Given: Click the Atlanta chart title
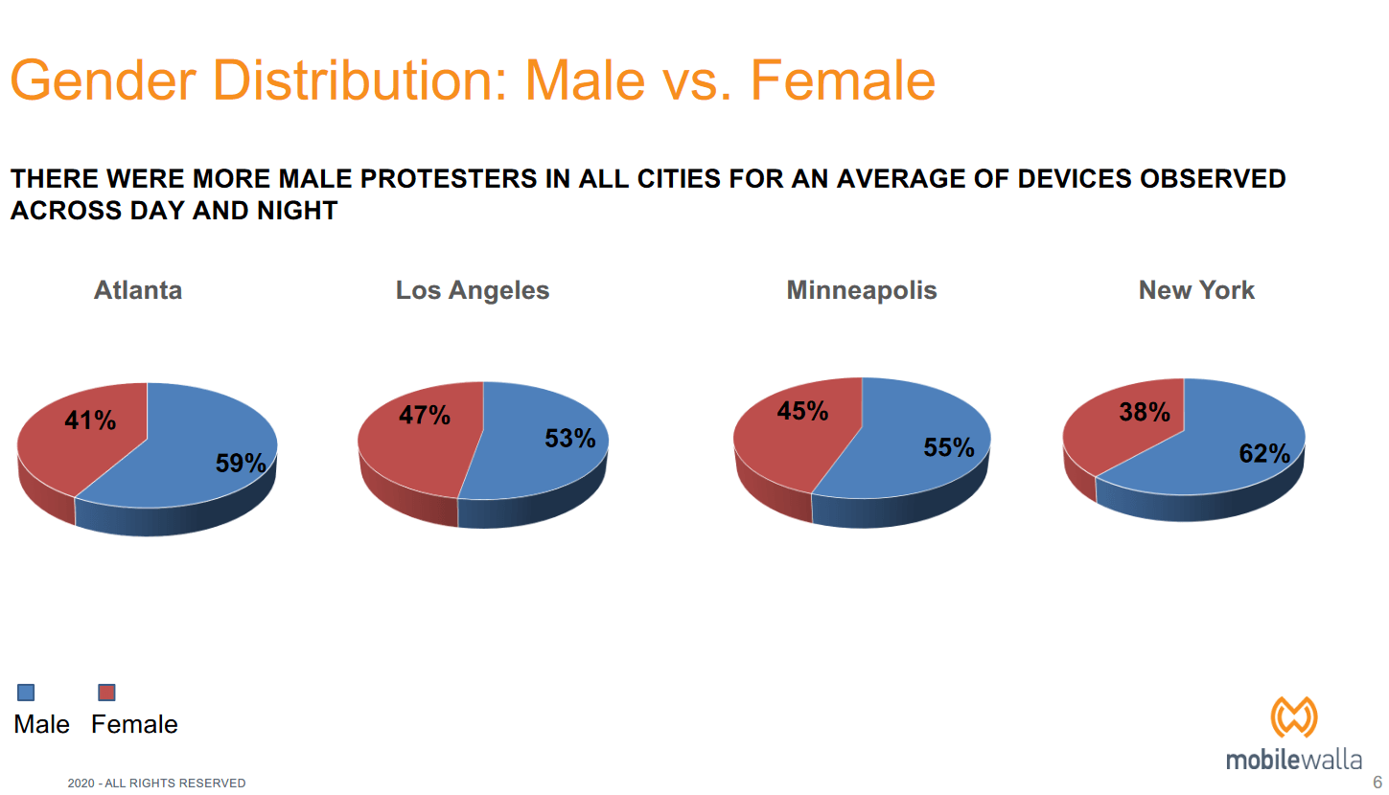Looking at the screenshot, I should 138,290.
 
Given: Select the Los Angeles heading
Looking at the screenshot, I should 473,290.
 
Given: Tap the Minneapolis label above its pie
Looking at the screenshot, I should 862,290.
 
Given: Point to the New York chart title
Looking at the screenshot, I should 1196,290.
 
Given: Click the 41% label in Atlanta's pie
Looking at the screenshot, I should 90,420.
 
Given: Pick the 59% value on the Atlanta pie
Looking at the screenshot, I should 241,464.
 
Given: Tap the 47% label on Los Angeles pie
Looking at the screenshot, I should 425,416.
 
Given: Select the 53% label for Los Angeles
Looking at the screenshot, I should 570,439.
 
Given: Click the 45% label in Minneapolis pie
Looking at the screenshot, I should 802,411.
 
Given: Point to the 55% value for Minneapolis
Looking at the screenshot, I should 949,447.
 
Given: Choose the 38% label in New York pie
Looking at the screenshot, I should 1145,413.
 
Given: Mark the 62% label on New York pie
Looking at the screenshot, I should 1264,454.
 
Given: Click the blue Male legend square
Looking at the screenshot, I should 26,692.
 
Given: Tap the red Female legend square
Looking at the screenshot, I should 107,692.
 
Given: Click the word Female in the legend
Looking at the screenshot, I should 134,724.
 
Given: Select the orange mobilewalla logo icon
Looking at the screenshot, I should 1294,717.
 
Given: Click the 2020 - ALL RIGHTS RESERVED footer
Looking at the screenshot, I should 156,784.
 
